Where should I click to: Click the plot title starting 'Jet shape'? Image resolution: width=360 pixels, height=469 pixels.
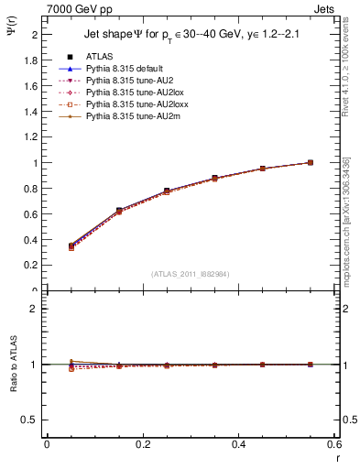pos(190,35)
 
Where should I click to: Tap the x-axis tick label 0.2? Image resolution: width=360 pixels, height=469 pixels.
pos(142,444)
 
